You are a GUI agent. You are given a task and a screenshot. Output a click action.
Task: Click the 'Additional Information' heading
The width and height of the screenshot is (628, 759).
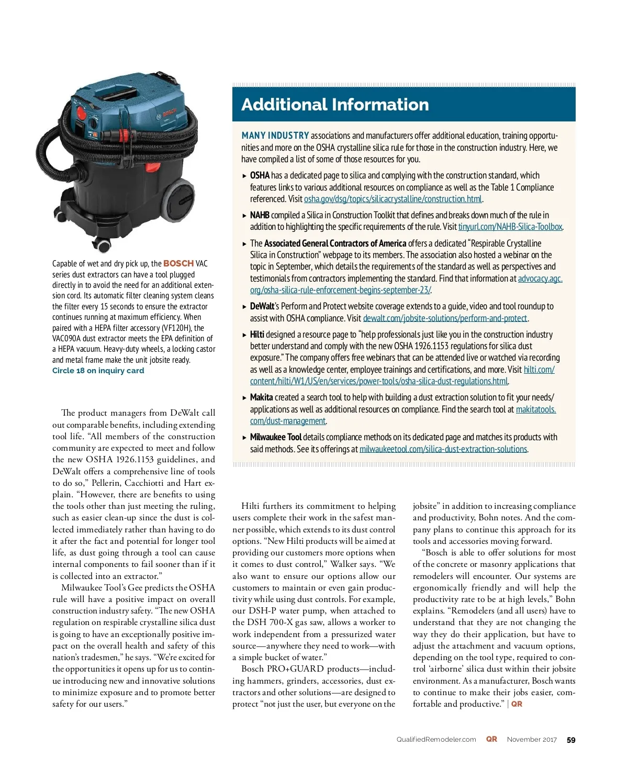pyautogui.click(x=335, y=105)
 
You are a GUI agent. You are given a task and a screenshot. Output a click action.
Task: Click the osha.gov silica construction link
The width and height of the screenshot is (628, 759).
pyautogui.click(x=392, y=199)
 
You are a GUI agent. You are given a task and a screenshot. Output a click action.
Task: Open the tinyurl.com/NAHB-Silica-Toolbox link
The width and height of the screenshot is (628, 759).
pyautogui.click(x=510, y=227)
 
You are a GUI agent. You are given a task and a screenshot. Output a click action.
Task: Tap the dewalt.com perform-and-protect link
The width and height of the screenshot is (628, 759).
pyautogui.click(x=445, y=318)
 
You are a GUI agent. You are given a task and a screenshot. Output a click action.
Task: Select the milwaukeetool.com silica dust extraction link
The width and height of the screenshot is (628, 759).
pyautogui.click(x=443, y=449)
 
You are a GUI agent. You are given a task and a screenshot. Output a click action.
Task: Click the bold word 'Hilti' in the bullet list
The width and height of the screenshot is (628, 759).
pyautogui.click(x=257, y=334)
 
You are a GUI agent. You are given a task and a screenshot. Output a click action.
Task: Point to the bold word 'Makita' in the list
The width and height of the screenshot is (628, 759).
pyautogui.click(x=261, y=397)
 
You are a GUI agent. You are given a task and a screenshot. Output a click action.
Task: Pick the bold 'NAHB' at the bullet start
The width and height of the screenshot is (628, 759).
pyautogui.click(x=260, y=215)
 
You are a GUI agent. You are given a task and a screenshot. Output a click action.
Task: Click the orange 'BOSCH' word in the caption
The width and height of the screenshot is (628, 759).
pyautogui.click(x=178, y=263)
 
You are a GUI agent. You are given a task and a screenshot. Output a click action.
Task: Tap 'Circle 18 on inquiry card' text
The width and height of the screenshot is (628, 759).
pyautogui.click(x=98, y=371)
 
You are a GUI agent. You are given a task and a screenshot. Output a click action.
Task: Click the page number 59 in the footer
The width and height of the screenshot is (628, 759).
pyautogui.click(x=571, y=740)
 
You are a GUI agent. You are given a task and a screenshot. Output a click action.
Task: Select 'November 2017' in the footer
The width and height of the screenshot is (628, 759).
pyautogui.click(x=532, y=740)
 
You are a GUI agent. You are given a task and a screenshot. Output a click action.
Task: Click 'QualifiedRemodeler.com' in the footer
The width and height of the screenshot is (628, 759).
pyautogui.click(x=436, y=740)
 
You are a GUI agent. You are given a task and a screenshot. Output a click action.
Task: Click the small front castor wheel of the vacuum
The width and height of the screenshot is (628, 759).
pyautogui.click(x=103, y=244)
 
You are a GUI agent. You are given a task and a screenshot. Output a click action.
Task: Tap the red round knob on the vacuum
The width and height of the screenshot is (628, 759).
pyautogui.click(x=82, y=112)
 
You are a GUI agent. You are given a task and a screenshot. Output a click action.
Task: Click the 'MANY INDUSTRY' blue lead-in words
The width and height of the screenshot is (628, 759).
pyautogui.click(x=275, y=136)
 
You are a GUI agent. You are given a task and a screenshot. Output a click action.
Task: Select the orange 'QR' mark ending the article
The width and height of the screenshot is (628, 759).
pyautogui.click(x=517, y=704)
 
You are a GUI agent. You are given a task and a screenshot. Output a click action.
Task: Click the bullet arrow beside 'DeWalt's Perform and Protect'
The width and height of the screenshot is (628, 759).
pyautogui.click(x=244, y=307)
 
